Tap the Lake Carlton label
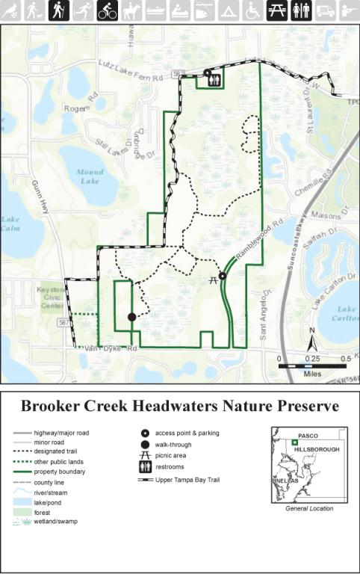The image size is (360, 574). [346, 312]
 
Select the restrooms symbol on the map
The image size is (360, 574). [215, 81]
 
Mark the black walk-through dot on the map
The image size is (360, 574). [132, 317]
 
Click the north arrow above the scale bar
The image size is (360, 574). [314, 341]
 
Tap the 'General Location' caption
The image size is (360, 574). [309, 508]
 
